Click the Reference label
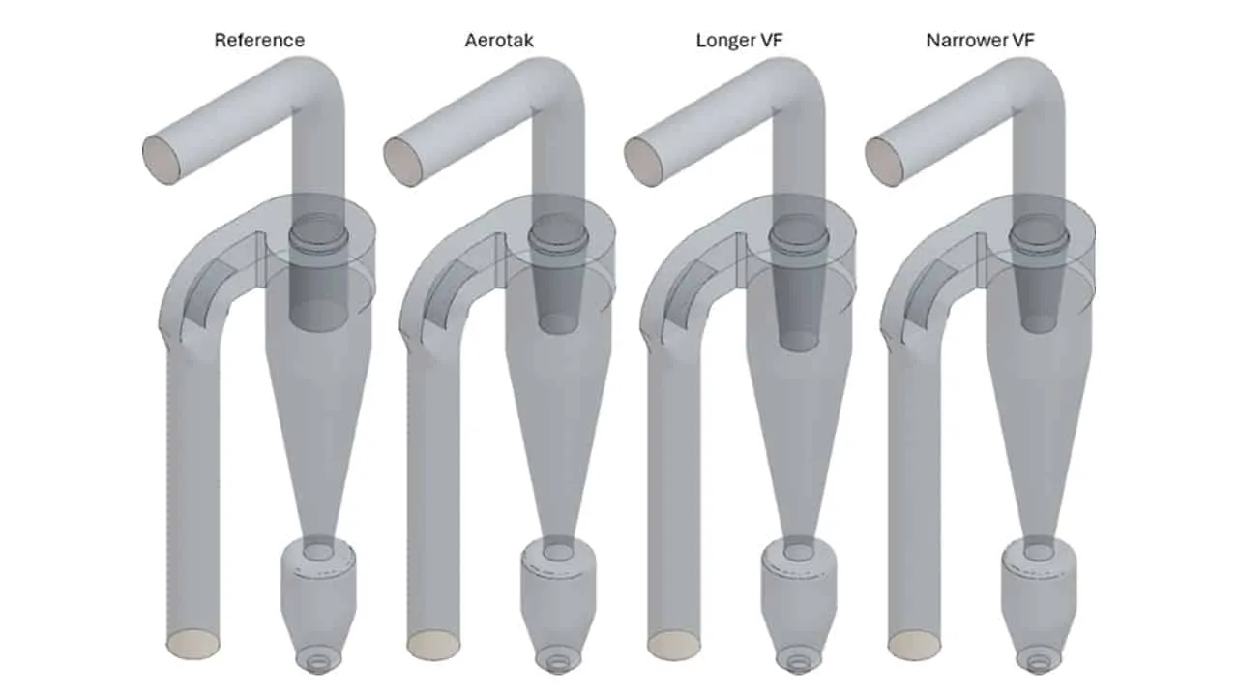(259, 41)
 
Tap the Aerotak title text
(499, 41)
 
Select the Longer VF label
(740, 41)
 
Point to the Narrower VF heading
(981, 41)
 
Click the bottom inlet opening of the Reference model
(192, 645)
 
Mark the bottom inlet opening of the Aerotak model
(433, 645)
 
